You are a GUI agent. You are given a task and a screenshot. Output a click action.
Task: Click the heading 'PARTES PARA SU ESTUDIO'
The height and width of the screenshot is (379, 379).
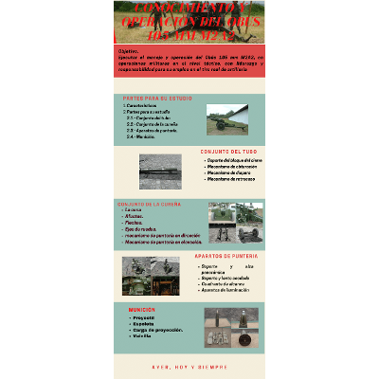pos(156,98)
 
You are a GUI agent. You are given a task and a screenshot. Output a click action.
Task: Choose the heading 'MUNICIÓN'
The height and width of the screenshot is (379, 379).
pos(143,309)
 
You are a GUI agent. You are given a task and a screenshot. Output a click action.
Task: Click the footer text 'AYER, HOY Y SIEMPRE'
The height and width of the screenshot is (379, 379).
pos(189,367)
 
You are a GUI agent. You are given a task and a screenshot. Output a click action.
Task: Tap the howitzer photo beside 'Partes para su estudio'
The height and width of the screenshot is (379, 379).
pos(226,118)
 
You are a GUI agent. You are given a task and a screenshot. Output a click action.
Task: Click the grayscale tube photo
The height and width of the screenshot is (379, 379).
pos(159,171)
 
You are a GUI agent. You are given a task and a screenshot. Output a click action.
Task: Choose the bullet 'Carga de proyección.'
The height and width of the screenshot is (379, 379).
pos(154,329)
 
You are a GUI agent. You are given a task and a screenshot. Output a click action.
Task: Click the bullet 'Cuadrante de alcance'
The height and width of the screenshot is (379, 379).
pos(224,282)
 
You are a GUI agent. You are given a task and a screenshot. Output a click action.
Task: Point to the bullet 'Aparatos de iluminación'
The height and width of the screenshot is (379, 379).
pos(226,289)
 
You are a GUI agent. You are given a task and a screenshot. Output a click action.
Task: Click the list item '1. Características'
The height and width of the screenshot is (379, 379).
pos(143,105)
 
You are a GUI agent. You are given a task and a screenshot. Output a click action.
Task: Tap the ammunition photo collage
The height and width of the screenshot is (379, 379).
pos(230,328)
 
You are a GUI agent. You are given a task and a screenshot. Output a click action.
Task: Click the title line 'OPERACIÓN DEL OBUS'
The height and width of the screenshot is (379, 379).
pos(189,23)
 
